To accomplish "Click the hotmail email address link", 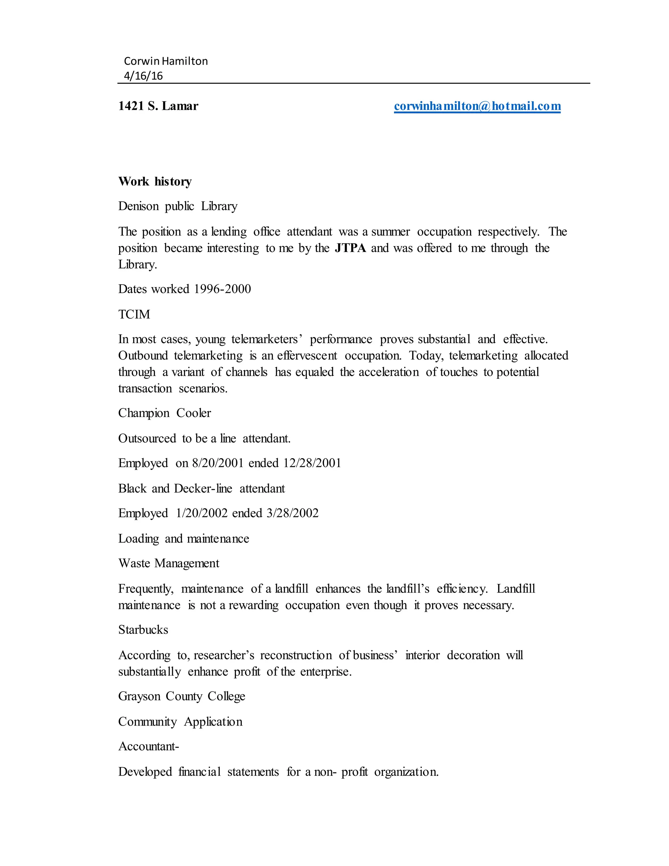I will click(x=477, y=106).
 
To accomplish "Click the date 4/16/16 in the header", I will click(x=143, y=76).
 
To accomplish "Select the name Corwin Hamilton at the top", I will click(x=166, y=61).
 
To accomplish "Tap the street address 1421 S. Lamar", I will click(x=158, y=106).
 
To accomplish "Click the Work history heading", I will click(x=155, y=182).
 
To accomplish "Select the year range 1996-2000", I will click(x=222, y=289).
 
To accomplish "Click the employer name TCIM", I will click(x=134, y=314).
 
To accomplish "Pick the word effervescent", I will click(x=307, y=356).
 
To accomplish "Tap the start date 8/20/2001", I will click(x=218, y=463).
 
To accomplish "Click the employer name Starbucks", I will click(x=143, y=630).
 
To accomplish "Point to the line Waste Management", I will click(x=169, y=563).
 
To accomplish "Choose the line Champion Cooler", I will click(x=165, y=413).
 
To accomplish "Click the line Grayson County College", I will click(x=182, y=696).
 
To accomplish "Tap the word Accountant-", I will click(x=149, y=747).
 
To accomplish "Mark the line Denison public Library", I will click(x=178, y=207).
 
